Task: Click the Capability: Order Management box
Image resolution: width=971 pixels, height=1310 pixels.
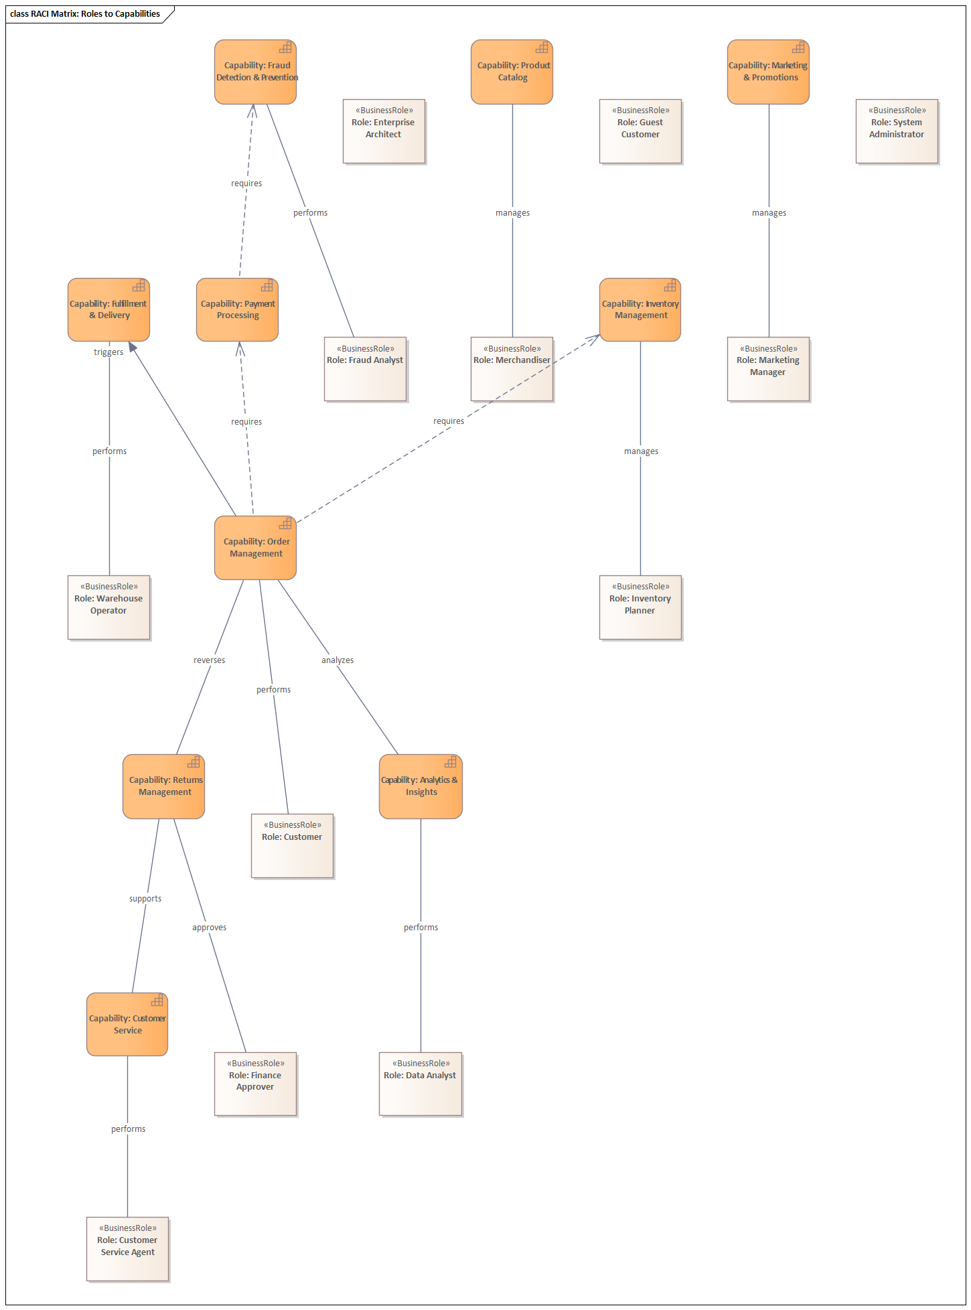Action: tap(255, 548)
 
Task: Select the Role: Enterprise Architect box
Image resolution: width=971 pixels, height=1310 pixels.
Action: tap(384, 131)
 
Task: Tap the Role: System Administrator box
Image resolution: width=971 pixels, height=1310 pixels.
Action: tap(897, 131)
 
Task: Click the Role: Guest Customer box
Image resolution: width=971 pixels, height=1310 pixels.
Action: tap(640, 131)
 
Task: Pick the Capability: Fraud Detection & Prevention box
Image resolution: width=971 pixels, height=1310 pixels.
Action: tap(255, 72)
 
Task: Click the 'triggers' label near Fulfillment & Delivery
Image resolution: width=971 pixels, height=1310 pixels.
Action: tap(108, 352)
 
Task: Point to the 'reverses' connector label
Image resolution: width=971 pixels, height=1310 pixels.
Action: tap(209, 660)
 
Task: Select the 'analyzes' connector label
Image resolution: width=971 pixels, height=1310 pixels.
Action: tap(338, 660)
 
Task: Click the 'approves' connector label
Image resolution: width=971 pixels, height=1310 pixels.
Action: tap(209, 928)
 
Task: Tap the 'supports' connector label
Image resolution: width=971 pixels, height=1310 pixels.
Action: tap(145, 899)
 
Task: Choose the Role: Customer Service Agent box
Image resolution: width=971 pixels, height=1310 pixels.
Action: tap(127, 1249)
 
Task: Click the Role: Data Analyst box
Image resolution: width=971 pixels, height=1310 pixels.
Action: tap(421, 1084)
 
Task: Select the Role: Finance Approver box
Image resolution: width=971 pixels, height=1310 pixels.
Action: tap(255, 1084)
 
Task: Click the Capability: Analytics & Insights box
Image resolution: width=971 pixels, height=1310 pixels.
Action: tap(421, 787)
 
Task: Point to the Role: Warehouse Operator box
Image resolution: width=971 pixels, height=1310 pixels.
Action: tap(108, 607)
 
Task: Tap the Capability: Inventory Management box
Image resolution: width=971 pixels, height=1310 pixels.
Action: tap(640, 310)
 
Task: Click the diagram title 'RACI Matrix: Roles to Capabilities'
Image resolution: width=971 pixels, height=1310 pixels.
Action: tap(85, 14)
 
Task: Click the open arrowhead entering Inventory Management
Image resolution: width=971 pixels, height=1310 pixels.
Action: tap(595, 338)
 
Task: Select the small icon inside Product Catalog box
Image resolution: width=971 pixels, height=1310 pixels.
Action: tap(542, 48)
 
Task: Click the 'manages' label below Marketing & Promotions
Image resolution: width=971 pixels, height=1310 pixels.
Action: tap(769, 213)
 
